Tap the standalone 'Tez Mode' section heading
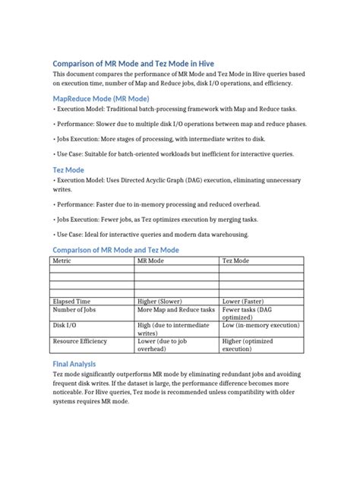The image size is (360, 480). tap(68, 170)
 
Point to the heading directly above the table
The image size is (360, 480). tap(115, 250)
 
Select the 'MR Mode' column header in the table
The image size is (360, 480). tap(150, 261)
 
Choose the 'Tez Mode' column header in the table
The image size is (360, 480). tap(235, 261)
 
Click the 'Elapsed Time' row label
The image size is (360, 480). tap(71, 302)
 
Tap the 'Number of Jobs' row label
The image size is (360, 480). tap(74, 311)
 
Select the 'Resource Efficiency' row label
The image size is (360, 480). tap(80, 342)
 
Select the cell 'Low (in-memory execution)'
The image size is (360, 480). tap(261, 325)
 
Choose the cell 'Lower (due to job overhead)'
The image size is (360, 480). tap(163, 346)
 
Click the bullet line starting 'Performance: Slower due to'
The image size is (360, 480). tap(180, 125)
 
